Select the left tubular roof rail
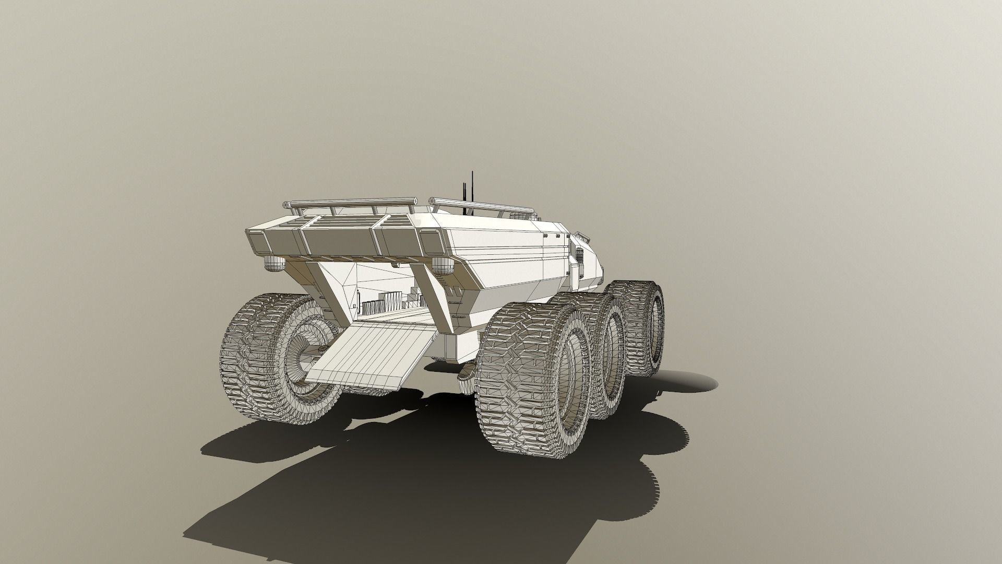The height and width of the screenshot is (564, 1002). (350, 203)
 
